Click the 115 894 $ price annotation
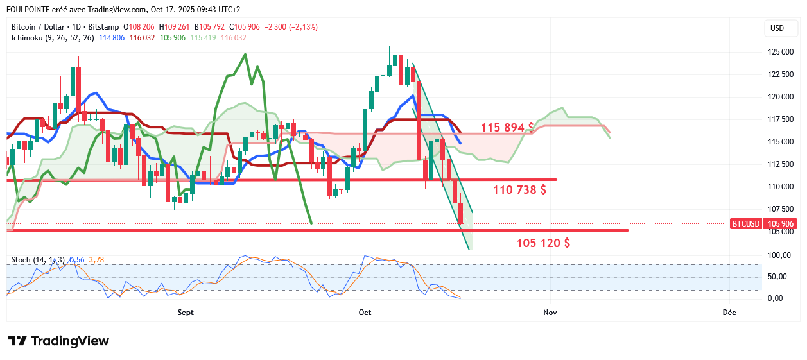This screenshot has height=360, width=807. [507, 127]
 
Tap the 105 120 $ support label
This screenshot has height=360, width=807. [543, 243]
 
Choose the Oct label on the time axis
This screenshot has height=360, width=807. [365, 313]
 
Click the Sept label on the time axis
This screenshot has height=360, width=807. [185, 313]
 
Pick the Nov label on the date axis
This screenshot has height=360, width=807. [549, 313]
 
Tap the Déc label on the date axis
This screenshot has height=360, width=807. [729, 313]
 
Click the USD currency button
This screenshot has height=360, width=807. [777, 28]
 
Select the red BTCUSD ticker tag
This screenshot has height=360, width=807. [745, 223]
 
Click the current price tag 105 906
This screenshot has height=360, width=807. [777, 223]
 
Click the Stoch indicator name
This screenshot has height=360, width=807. [21, 259]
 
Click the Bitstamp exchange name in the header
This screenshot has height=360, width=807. [104, 27]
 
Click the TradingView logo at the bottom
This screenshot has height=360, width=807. [58, 341]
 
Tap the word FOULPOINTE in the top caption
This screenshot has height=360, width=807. [29, 9]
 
